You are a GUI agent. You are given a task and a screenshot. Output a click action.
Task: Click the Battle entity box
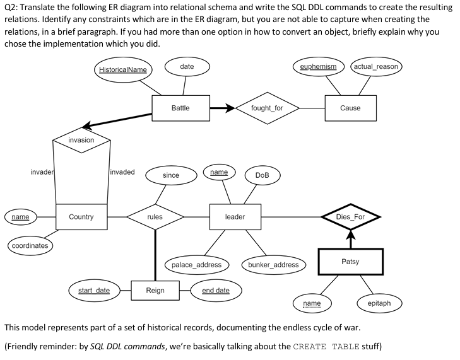(x=180, y=108)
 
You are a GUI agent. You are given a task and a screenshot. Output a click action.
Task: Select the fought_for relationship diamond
(x=266, y=108)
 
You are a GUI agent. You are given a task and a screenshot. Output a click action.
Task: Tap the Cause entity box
(x=350, y=108)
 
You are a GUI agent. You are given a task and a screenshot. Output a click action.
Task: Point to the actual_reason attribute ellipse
(x=377, y=66)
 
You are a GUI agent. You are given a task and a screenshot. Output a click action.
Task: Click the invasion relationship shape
(x=81, y=140)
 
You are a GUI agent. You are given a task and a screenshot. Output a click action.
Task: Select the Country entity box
(x=81, y=217)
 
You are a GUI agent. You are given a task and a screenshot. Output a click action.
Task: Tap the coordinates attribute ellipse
(x=30, y=245)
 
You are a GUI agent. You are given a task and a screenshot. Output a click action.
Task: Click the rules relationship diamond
(x=155, y=217)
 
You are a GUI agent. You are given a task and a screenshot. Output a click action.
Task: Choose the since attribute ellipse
(x=170, y=175)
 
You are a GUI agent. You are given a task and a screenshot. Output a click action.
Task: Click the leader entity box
(x=235, y=217)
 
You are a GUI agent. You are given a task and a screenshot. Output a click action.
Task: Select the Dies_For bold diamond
(x=350, y=217)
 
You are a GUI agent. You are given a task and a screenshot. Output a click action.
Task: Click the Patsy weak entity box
(x=350, y=262)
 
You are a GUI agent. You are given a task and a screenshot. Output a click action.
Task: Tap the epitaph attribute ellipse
(x=379, y=303)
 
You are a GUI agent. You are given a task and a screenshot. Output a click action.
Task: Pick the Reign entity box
(x=155, y=290)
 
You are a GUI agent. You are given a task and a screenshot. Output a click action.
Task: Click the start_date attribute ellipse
(x=93, y=290)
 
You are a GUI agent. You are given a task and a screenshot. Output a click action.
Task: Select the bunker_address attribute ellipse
(x=273, y=265)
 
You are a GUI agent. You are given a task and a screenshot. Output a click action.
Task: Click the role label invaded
(x=122, y=172)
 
